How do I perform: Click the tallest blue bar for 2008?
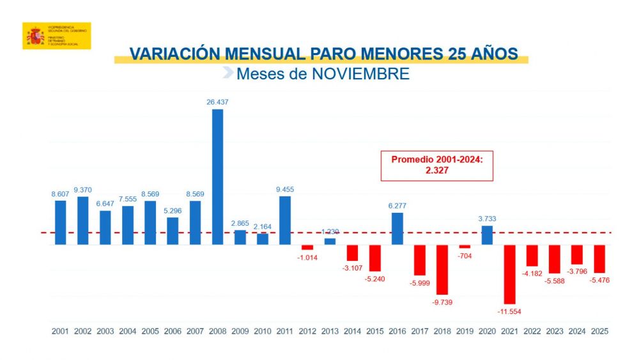click(x=217, y=176)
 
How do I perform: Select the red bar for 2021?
click(x=509, y=274)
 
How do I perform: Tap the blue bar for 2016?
click(x=397, y=228)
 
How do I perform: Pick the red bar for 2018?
click(x=442, y=269)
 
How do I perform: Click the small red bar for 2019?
click(x=465, y=247)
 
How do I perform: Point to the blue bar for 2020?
click(x=487, y=235)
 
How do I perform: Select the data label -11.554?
click(x=509, y=311)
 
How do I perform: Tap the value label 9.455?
click(x=284, y=189)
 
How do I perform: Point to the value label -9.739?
click(x=442, y=302)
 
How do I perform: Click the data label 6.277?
click(x=397, y=205)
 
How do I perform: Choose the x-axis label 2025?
click(x=599, y=332)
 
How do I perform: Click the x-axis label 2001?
click(x=60, y=332)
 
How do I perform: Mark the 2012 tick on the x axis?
click(x=307, y=332)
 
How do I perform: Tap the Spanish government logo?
click(x=56, y=36)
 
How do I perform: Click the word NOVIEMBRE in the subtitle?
click(x=360, y=74)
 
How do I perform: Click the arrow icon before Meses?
click(x=227, y=74)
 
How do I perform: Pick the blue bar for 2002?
click(x=82, y=220)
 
